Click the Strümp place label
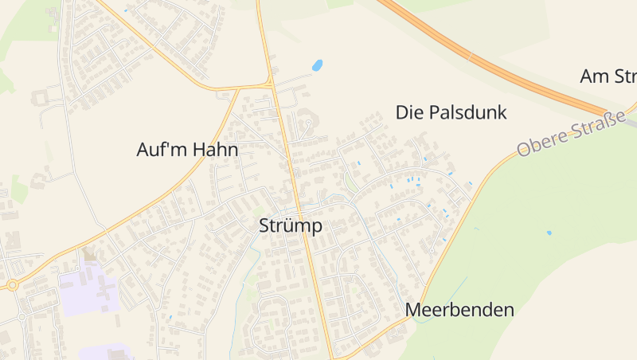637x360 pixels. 291,226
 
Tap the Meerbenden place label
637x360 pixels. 459,310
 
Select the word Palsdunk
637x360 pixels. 467,112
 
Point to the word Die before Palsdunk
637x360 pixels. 409,112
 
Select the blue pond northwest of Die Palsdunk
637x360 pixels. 317,65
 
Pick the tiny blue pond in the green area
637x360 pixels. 549,233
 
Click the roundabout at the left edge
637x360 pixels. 12,284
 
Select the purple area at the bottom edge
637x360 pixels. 107,352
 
